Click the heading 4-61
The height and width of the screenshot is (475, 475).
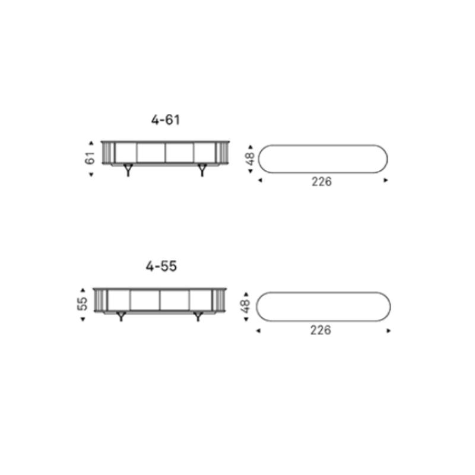[x=166, y=120]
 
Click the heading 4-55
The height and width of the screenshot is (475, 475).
[x=161, y=266]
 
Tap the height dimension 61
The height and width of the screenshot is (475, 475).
[x=90, y=158]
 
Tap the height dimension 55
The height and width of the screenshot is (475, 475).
[x=82, y=303]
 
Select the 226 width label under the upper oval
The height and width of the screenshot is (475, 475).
[x=322, y=182]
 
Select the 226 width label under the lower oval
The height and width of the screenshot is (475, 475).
[x=321, y=330]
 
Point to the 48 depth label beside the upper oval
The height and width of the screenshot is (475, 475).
[x=250, y=159]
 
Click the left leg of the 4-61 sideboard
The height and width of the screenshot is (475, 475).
[x=128, y=170]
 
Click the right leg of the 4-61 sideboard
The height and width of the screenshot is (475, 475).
[x=202, y=170]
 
